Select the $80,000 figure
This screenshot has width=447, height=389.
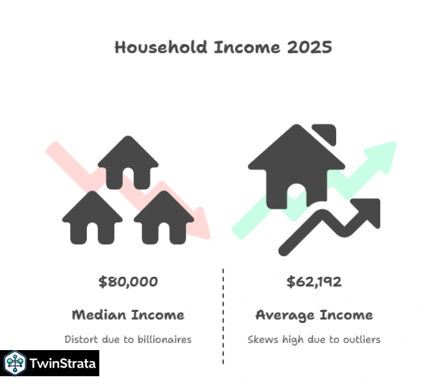[x=128, y=282]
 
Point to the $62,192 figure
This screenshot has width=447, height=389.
[x=314, y=282]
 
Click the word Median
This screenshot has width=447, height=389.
[x=99, y=316]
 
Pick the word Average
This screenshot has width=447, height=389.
[x=283, y=316]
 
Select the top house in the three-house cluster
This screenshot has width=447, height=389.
[x=127, y=162]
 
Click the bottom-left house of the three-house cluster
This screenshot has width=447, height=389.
[x=92, y=217]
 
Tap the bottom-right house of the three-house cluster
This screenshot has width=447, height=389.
[x=163, y=217]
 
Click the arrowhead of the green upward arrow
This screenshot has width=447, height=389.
[x=385, y=153]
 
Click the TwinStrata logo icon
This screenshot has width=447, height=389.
[x=14, y=364]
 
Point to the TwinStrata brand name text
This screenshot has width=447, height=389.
[x=63, y=364]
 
